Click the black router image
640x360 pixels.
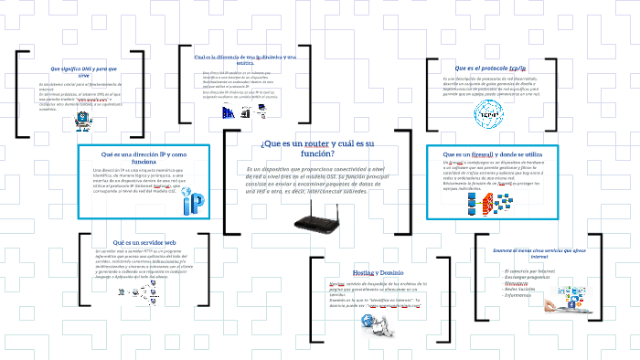[317, 215]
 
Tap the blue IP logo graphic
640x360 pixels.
[194, 204]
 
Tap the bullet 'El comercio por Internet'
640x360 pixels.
[530, 270]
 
